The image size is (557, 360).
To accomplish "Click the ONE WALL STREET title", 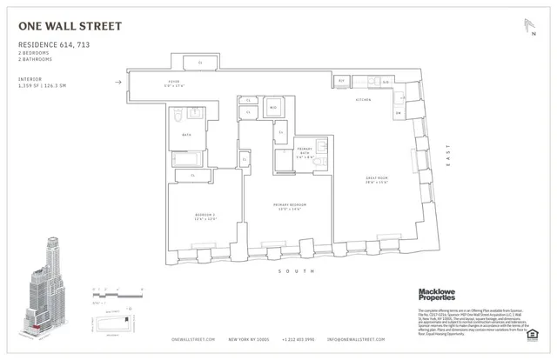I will click(x=70, y=26).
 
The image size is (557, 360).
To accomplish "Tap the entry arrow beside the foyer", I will click(x=118, y=83).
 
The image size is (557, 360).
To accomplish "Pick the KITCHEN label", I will click(x=363, y=101).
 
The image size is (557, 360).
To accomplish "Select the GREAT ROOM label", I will click(x=377, y=180).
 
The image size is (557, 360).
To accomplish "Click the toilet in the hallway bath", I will click(x=177, y=116).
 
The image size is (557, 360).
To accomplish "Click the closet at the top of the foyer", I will click(x=201, y=63).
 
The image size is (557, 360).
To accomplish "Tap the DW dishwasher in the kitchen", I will click(x=398, y=113).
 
